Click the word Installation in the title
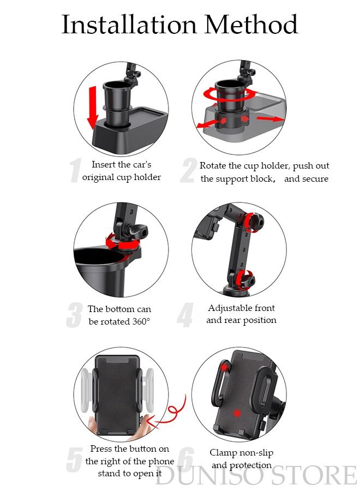(x=128, y=25)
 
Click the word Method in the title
(x=251, y=25)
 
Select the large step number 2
(x=188, y=171)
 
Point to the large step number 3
(x=74, y=315)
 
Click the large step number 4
(x=185, y=315)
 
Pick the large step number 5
(x=74, y=460)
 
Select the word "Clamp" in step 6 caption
(x=223, y=453)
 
